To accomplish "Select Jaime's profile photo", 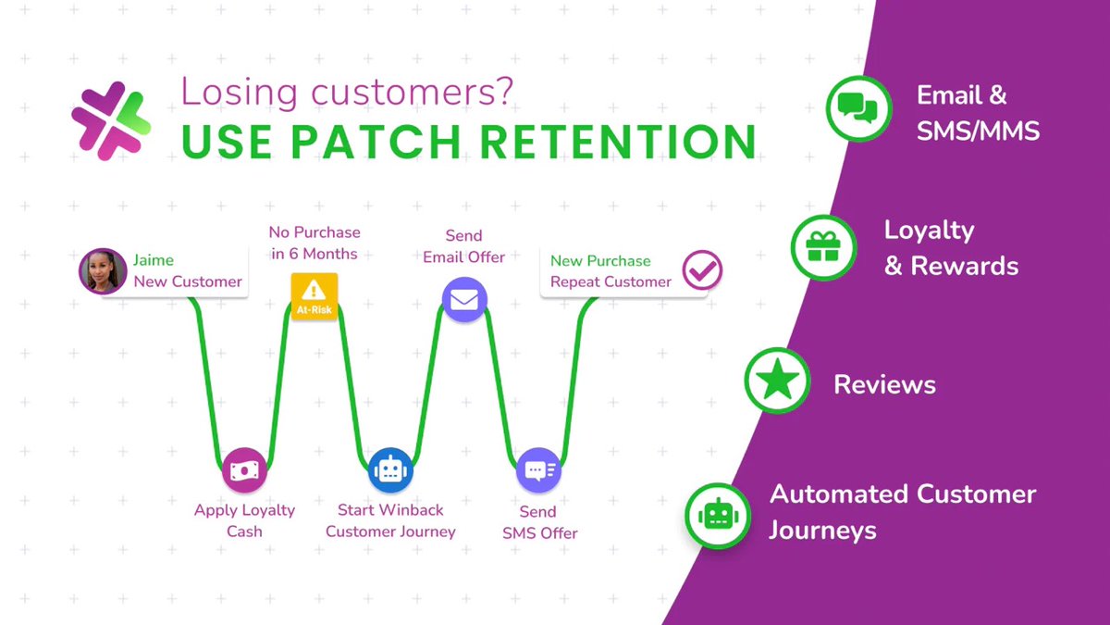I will pyautogui.click(x=102, y=271).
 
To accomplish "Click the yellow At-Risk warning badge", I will pyautogui.click(x=314, y=296).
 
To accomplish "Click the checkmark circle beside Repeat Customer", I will pyautogui.click(x=702, y=271).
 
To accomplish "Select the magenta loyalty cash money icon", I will pyautogui.click(x=245, y=470).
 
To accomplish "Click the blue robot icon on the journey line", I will pyautogui.click(x=388, y=470).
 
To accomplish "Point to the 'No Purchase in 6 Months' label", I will pyautogui.click(x=314, y=243).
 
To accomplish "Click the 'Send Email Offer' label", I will pyautogui.click(x=464, y=246).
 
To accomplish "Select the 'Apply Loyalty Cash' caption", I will pyautogui.click(x=245, y=520).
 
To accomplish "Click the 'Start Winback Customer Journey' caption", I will pyautogui.click(x=390, y=520).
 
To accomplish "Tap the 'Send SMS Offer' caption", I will pyautogui.click(x=539, y=522).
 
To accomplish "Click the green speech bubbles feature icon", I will pyautogui.click(x=857, y=108).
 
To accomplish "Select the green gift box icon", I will pyautogui.click(x=822, y=247).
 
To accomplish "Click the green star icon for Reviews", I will pyautogui.click(x=777, y=381).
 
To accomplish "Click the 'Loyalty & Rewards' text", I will pyautogui.click(x=951, y=247).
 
